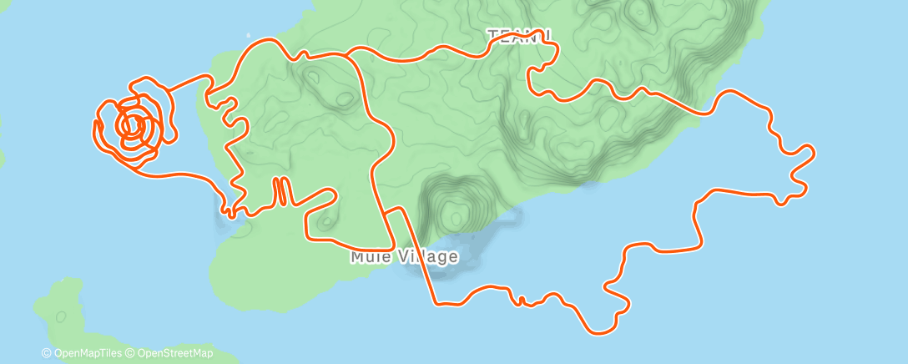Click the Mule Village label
pos(404,256)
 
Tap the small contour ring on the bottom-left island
pos(60,316)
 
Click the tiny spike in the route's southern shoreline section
pos(522,299)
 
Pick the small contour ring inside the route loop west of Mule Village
pos(325,221)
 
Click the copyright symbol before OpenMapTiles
pos(46,353)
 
